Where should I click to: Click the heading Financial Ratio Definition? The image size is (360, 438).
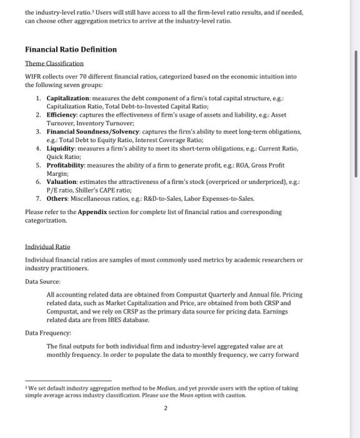pos(71,49)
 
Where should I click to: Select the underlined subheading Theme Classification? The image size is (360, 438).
pos(54,64)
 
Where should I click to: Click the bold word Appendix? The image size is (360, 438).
pos(94,213)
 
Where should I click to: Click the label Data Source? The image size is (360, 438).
pos(42,282)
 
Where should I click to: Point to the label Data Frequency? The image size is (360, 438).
pos(48,334)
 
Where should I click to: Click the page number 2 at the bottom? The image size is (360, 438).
pos(166,408)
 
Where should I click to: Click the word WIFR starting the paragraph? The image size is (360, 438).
pos(34,76)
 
